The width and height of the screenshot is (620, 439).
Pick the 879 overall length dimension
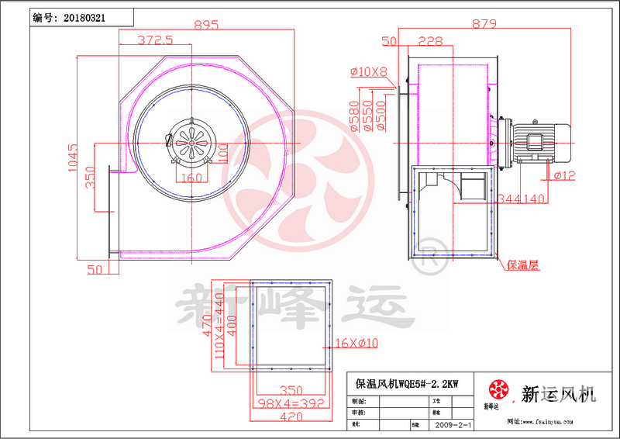tap(483, 25)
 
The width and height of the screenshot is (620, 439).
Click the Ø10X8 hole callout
tap(369, 72)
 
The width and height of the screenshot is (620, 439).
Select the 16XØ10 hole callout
tap(356, 343)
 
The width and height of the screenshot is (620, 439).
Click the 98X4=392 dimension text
tap(291, 403)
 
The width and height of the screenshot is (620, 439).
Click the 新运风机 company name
tap(559, 394)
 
